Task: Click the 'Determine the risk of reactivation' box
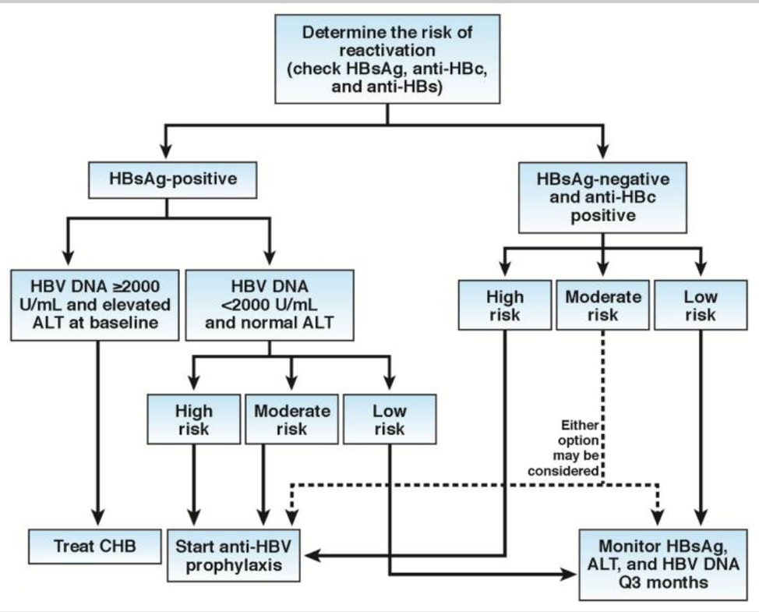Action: (387, 59)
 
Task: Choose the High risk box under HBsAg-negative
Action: (505, 306)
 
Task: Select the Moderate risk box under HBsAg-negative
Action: (603, 306)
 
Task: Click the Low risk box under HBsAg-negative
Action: (701, 306)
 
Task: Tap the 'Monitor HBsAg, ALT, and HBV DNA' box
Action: (660, 563)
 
